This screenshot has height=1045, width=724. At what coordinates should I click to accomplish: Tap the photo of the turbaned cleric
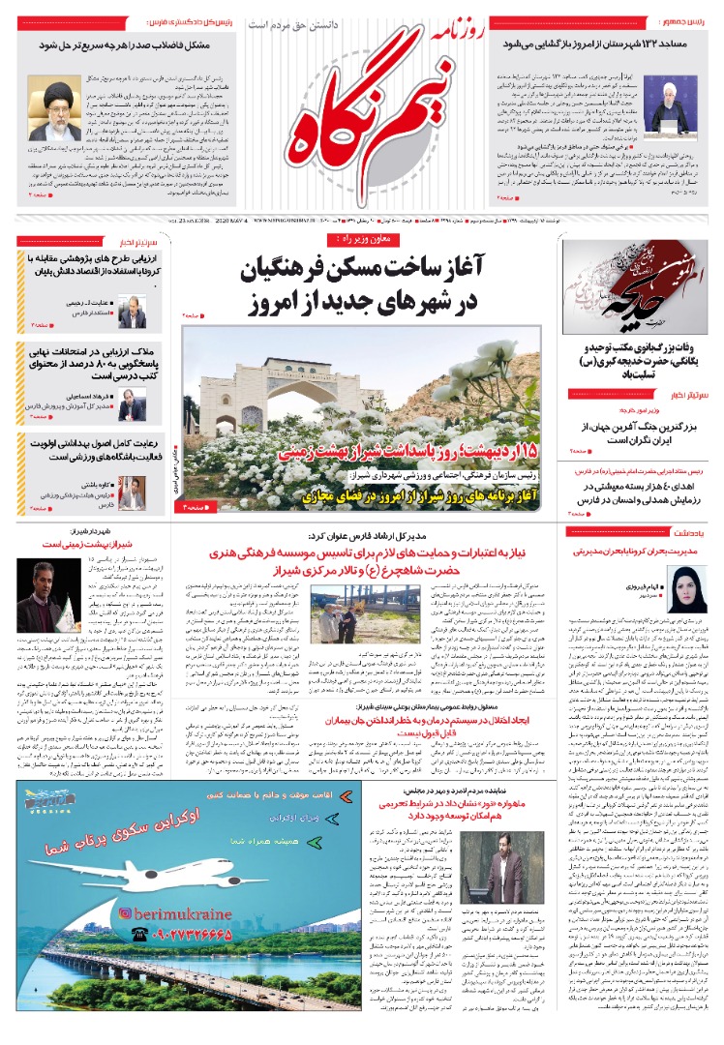click(x=54, y=110)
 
